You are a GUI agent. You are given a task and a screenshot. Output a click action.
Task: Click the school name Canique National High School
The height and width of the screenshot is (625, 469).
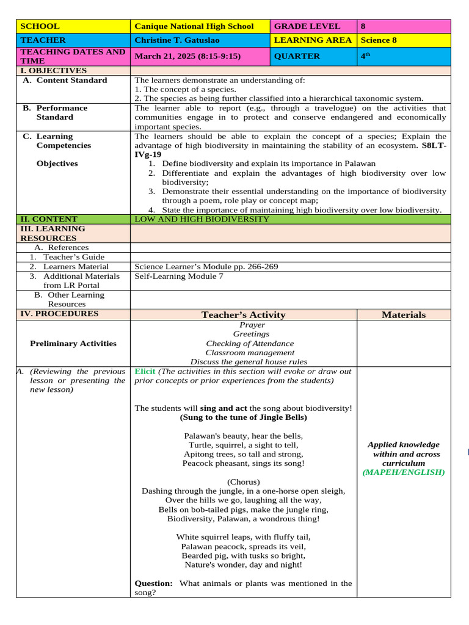(x=194, y=26)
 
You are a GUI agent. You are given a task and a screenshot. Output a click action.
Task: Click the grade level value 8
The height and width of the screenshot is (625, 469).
(x=363, y=26)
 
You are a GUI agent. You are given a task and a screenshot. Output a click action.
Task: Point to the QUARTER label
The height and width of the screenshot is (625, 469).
(x=297, y=56)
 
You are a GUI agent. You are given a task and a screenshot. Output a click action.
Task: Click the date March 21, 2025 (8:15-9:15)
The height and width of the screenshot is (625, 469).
(x=187, y=56)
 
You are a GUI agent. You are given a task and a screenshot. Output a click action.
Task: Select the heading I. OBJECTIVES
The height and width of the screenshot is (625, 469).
(x=54, y=71)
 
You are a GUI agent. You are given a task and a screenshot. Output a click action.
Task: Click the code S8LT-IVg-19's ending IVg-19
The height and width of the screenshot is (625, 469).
(x=148, y=154)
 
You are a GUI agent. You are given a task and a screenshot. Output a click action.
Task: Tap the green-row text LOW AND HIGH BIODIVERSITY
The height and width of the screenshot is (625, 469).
(x=202, y=219)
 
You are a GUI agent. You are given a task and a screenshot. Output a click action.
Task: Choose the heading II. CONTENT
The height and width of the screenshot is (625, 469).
(x=49, y=219)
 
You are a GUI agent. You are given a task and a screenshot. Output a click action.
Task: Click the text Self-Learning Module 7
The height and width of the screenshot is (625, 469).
(x=179, y=276)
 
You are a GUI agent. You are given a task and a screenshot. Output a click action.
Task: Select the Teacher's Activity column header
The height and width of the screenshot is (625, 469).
(x=243, y=315)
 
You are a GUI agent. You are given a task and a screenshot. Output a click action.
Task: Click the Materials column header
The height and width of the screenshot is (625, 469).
(x=404, y=315)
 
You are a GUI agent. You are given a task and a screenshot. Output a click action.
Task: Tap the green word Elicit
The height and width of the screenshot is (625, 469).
(x=145, y=371)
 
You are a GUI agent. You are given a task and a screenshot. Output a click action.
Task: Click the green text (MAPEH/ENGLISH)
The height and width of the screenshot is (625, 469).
(x=404, y=472)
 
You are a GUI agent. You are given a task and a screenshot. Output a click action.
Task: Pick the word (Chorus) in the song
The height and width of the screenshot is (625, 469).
(x=243, y=482)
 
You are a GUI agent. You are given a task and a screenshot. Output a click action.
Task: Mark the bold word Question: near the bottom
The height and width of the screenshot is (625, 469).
(x=153, y=583)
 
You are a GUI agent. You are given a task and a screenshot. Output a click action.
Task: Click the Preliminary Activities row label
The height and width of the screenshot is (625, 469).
(x=73, y=344)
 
